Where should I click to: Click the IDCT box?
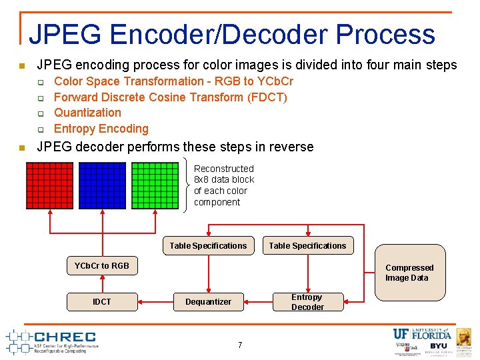pyautogui.click(x=102, y=302)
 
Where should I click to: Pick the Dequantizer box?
pyautogui.click(x=208, y=302)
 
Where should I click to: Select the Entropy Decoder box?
pyautogui.click(x=307, y=302)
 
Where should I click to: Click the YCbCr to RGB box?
pyautogui.click(x=102, y=265)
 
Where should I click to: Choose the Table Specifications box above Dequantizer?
pyautogui.click(x=208, y=246)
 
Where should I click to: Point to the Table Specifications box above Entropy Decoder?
pyautogui.click(x=307, y=246)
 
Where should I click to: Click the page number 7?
pyautogui.click(x=240, y=345)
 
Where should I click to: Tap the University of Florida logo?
pyautogui.click(x=422, y=334)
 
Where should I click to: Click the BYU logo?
pyautogui.click(x=439, y=347)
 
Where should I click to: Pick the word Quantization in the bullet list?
pyautogui.click(x=87, y=113)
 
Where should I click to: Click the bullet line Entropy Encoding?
pyautogui.click(x=101, y=129)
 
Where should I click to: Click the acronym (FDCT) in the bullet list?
pyautogui.click(x=267, y=97)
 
